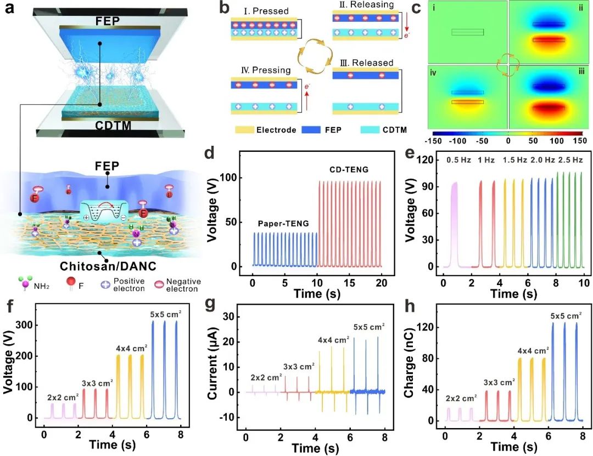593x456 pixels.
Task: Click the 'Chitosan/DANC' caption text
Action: pos(99,267)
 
